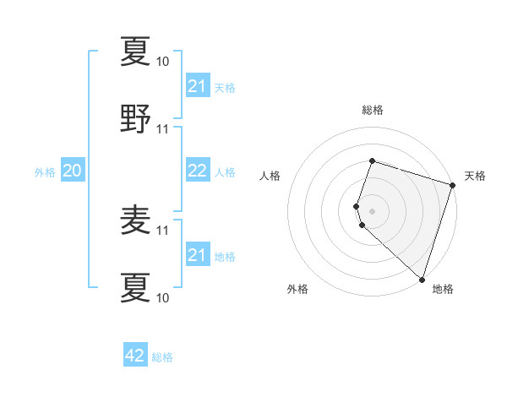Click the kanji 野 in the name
[136, 119]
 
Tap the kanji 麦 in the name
[136, 220]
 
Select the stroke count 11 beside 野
[163, 129]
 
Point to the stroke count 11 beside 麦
[163, 230]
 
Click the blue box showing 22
[197, 171]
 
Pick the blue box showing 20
[73, 171]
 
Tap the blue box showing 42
[135, 356]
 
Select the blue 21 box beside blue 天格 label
[197, 86]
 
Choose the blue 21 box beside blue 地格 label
[197, 255]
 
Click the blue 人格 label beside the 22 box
[225, 172]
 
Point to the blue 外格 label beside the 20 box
[45, 172]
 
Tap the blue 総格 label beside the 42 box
[162, 357]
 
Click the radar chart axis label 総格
[372, 110]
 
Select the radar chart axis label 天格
[475, 176]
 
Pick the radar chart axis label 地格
[443, 290]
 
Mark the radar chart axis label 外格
[297, 290]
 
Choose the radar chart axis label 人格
[270, 176]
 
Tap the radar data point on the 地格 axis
[422, 279]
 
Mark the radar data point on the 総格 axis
[372, 160]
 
